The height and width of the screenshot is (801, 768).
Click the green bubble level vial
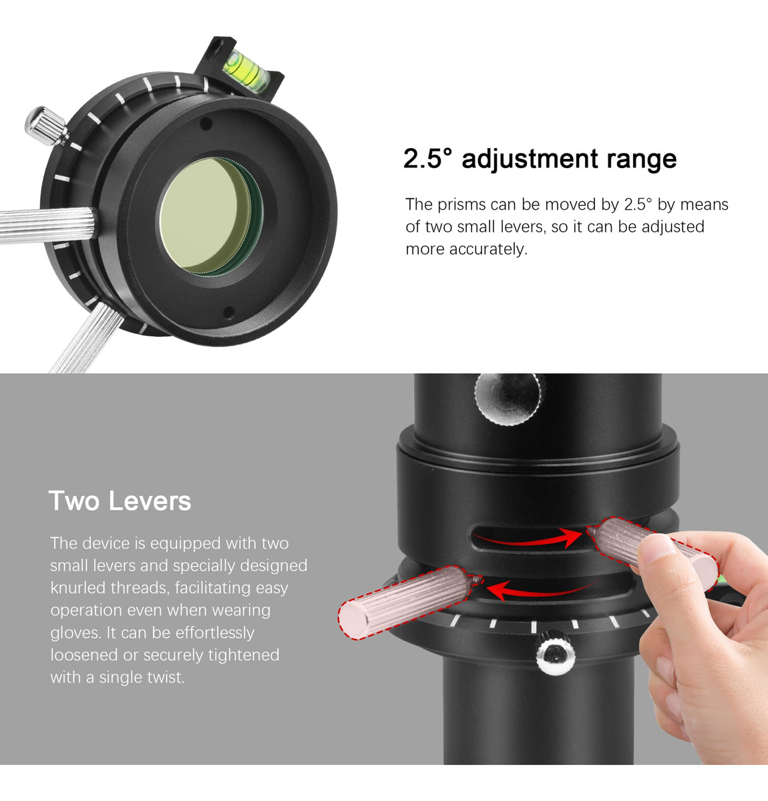[246, 69]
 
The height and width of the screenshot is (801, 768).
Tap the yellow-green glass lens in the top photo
[210, 216]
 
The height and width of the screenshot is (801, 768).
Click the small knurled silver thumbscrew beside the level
[46, 126]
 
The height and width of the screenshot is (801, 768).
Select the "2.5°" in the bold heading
[427, 158]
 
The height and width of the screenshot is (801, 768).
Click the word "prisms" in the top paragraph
[475, 205]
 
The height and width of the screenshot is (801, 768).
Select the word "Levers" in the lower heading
[150, 501]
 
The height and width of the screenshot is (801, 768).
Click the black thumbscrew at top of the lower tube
[510, 398]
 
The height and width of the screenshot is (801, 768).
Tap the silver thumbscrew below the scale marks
[556, 653]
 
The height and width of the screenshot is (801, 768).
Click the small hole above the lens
[206, 123]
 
